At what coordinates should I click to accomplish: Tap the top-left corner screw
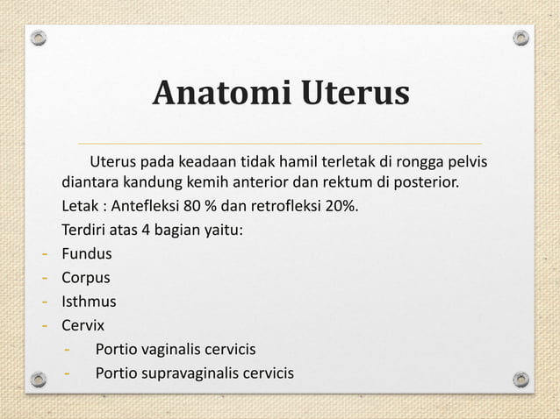tap(38, 39)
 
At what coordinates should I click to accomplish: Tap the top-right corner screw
tap(521, 39)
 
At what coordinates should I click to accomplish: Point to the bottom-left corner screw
tap(38, 380)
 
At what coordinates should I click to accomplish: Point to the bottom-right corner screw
tap(521, 380)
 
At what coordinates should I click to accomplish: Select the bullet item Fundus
tap(86, 255)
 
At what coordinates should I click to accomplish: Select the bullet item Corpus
tap(85, 279)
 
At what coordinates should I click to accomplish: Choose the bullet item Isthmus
tap(88, 302)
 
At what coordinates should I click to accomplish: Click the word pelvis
tap(467, 162)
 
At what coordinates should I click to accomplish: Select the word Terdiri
tap(84, 232)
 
